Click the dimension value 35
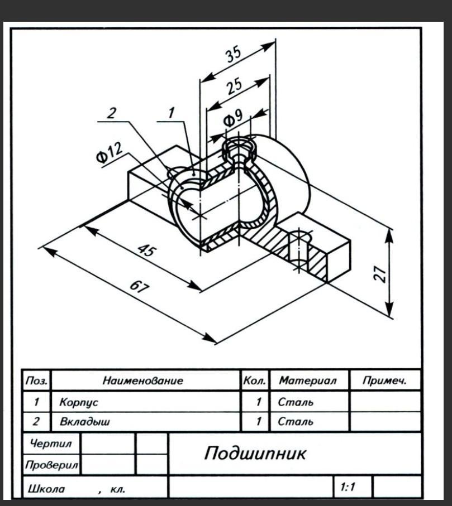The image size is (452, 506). pyautogui.click(x=234, y=55)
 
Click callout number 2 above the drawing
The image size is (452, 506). pyautogui.click(x=112, y=113)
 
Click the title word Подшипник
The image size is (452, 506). pyautogui.click(x=255, y=452)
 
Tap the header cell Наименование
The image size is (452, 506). pyautogui.click(x=143, y=381)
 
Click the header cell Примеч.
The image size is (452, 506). pyautogui.click(x=384, y=381)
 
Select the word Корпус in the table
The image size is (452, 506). pyautogui.click(x=75, y=402)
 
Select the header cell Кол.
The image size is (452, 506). pyautogui.click(x=255, y=381)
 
